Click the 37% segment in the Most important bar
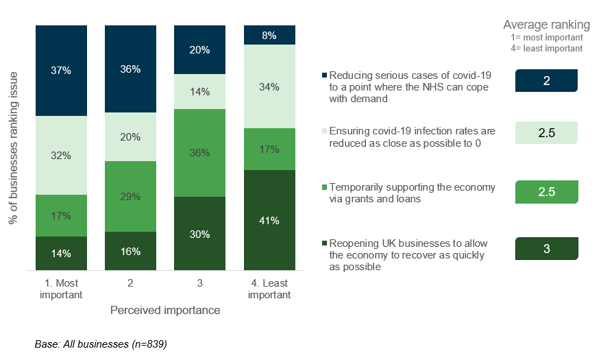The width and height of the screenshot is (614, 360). (x=62, y=71)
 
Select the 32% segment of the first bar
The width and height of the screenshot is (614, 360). (x=62, y=155)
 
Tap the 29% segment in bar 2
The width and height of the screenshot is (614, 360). (x=130, y=196)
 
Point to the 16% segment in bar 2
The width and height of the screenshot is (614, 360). (x=130, y=251)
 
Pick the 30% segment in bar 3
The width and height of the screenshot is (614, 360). (x=200, y=233)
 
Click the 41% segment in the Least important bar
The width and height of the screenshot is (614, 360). (x=269, y=220)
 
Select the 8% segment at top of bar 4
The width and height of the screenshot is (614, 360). (x=269, y=35)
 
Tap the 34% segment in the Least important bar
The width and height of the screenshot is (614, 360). (x=269, y=86)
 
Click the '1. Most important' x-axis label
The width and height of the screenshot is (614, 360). (x=62, y=289)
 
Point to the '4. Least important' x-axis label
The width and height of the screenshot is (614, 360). (x=269, y=289)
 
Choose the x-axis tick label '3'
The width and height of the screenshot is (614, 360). (x=200, y=283)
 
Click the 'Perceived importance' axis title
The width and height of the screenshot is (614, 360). (x=165, y=311)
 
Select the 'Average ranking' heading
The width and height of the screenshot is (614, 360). (x=546, y=25)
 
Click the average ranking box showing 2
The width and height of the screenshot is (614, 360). (x=546, y=81)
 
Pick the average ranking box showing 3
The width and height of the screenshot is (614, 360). (x=546, y=248)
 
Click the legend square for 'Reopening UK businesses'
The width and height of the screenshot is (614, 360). (x=324, y=243)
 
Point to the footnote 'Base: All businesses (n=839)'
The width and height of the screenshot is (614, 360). (x=101, y=344)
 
